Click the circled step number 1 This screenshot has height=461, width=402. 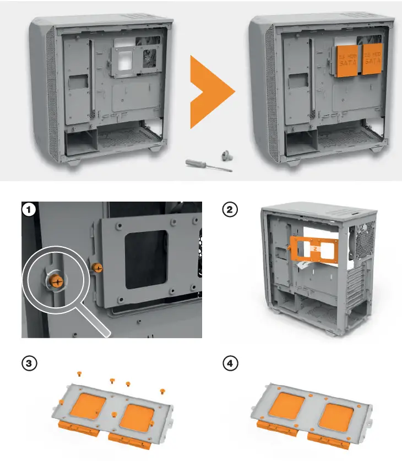[x=28, y=209]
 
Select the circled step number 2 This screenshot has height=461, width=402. [x=229, y=209]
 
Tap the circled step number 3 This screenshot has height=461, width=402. [x=28, y=364]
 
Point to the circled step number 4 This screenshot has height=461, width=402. [x=229, y=364]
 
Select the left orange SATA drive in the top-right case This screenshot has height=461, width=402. [x=348, y=61]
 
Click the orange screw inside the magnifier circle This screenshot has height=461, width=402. [x=56, y=280]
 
